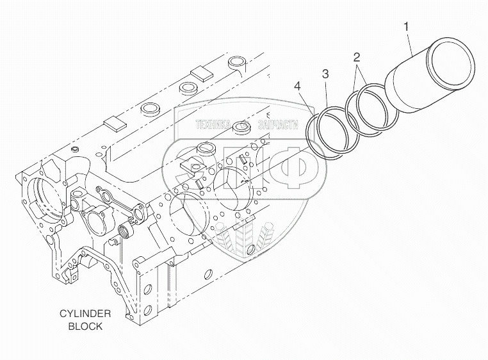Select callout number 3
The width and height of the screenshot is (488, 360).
click(325, 75)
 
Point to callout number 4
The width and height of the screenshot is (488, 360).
click(297, 85)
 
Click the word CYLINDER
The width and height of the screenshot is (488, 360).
click(85, 313)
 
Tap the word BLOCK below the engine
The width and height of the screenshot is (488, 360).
click(85, 325)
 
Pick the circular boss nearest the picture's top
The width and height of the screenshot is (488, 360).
click(238, 62)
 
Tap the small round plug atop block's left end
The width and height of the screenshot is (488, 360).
click(76, 149)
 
